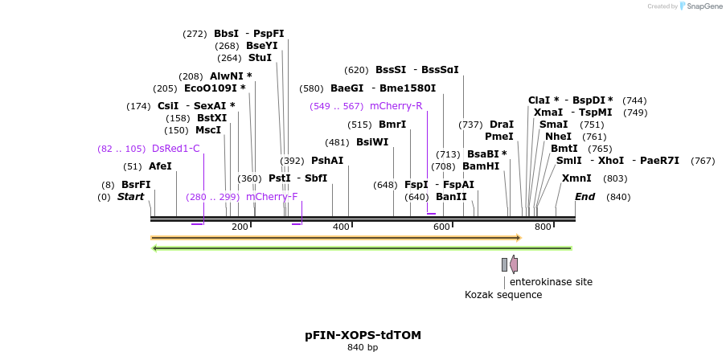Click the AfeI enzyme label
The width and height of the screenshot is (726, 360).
[160, 166]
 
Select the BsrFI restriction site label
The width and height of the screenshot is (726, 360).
[136, 185]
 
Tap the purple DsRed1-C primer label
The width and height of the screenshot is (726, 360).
[175, 149]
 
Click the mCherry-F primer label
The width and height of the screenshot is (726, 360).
[272, 197]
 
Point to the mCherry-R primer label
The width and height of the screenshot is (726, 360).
[396, 106]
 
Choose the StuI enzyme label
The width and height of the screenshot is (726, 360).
[260, 58]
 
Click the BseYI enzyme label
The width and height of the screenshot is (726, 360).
[261, 46]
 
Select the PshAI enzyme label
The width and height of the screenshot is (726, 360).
[327, 161]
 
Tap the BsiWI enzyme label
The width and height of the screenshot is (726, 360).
[372, 142]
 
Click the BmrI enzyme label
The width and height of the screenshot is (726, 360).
[392, 125]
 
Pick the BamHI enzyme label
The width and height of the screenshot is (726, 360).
[481, 166]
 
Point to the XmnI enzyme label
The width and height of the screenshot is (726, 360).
[576, 178]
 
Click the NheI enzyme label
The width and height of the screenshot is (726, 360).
[558, 137]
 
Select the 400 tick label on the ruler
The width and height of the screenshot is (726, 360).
[341, 227]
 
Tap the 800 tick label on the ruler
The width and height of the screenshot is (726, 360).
[543, 227]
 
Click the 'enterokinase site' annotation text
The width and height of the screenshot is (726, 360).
[551, 282]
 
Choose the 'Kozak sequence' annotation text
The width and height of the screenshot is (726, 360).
[503, 295]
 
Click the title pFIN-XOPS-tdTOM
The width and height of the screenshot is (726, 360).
[363, 335]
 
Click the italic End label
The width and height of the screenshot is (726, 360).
[584, 197]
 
